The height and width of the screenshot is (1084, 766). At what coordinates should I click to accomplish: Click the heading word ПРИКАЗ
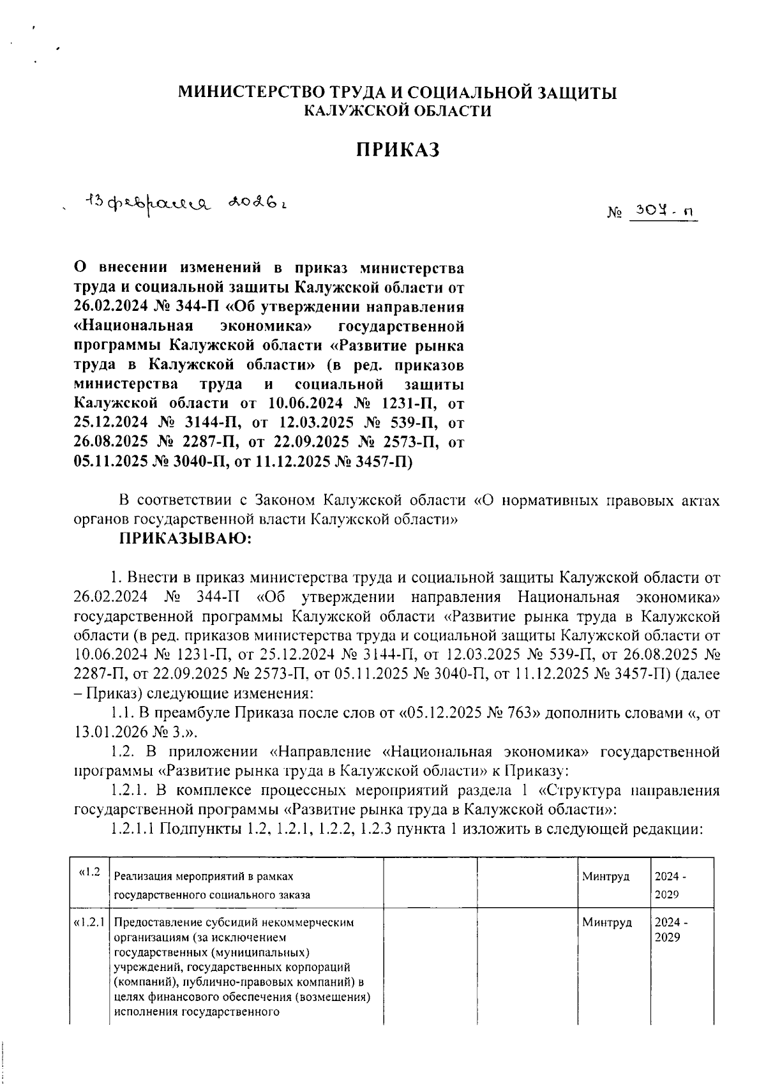pos(398,149)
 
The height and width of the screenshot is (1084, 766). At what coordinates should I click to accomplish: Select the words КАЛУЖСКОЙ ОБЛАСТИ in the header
pos(398,111)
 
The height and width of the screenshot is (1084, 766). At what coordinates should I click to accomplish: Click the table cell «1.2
pos(89,873)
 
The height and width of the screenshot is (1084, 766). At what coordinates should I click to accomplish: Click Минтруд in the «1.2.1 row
pos(606,922)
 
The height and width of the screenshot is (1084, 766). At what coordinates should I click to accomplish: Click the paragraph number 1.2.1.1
pos(132,829)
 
